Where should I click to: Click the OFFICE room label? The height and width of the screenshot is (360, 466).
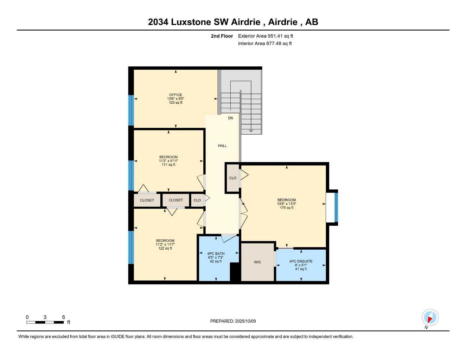tap(175, 95)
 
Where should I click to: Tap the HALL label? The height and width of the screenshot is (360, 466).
tap(222, 146)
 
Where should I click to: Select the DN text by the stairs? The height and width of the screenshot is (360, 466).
tap(230, 118)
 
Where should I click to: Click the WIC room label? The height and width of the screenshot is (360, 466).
tap(257, 262)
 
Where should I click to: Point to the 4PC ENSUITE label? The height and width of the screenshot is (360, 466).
tap(301, 261)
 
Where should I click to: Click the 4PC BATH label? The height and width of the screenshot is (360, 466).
tap(216, 253)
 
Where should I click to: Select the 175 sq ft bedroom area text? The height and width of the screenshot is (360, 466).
tap(287, 208)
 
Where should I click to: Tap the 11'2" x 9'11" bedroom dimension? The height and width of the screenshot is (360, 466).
tap(168, 161)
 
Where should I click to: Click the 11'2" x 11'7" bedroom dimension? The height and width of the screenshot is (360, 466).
tap(165, 245)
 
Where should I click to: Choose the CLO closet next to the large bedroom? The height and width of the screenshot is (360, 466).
tap(233, 178)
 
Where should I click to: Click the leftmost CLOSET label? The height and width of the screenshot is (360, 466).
tap(147, 200)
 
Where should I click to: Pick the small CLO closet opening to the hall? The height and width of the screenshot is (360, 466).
tap(197, 200)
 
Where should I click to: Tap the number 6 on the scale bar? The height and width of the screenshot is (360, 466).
tap(64, 317)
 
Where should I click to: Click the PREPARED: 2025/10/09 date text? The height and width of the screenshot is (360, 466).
tap(233, 321)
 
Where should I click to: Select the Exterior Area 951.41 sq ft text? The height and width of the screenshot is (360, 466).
tap(266, 36)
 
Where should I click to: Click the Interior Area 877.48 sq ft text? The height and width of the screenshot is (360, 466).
tap(265, 44)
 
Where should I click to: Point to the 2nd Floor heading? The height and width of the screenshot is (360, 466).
tap(222, 36)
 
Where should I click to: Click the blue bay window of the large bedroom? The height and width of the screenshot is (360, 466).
tap(336, 207)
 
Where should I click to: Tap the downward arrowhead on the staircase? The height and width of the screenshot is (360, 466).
tap(251, 130)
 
